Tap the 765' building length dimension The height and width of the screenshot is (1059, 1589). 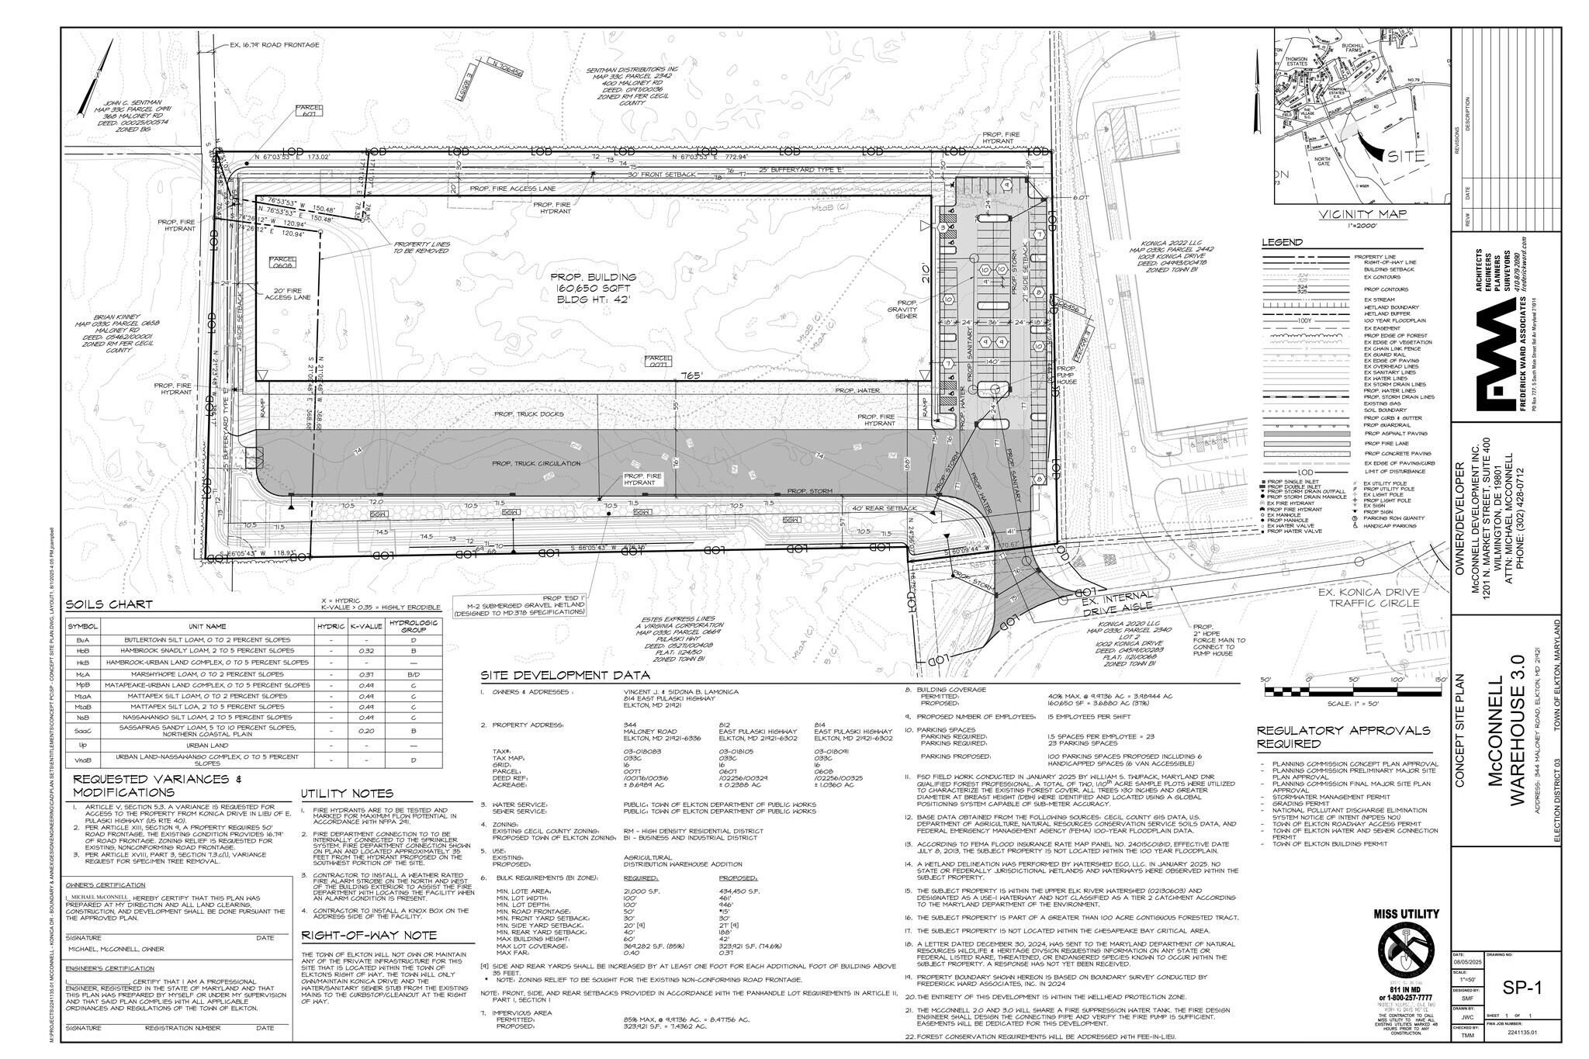pyautogui.click(x=691, y=375)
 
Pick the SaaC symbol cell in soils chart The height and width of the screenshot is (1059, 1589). pyautogui.click(x=82, y=730)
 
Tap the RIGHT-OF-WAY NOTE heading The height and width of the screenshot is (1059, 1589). pyautogui.click(x=369, y=935)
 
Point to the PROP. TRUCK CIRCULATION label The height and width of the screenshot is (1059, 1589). pyautogui.click(x=535, y=463)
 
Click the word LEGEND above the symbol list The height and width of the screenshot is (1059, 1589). pyautogui.click(x=1282, y=243)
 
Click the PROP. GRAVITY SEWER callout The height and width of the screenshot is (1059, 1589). pyautogui.click(x=906, y=310)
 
